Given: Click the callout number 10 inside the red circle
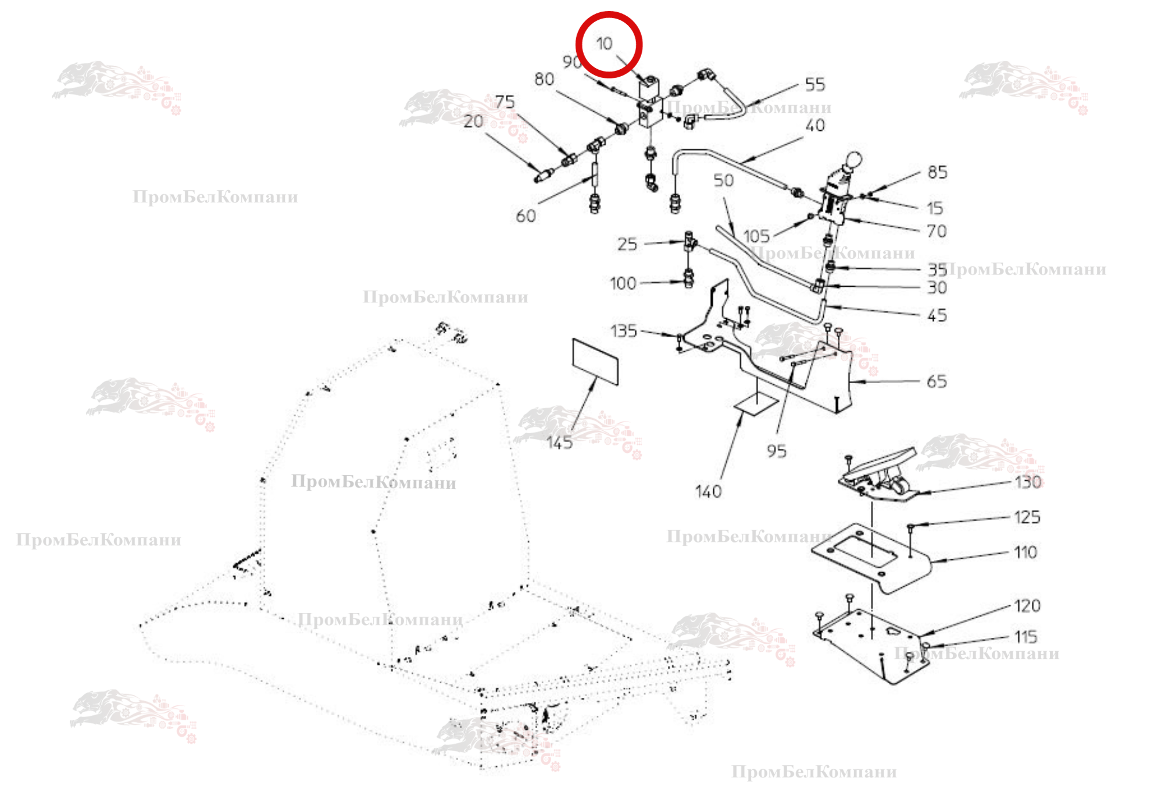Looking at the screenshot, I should (604, 44).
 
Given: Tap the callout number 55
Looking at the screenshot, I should (815, 85).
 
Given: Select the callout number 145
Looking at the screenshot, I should (559, 443).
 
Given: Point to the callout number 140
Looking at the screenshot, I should (708, 492).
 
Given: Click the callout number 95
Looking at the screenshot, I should (776, 451).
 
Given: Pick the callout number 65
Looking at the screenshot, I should (937, 381).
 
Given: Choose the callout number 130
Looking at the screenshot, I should (1028, 482).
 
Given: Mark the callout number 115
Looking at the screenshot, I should (1026, 637).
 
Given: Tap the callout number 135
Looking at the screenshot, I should (624, 331).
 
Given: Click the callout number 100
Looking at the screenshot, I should (623, 284).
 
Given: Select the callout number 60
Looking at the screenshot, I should (526, 216).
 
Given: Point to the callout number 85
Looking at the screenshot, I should (937, 172).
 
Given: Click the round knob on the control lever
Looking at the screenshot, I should (853, 159).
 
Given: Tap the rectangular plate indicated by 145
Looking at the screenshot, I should (595, 362).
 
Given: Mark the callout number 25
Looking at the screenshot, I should (627, 244).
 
